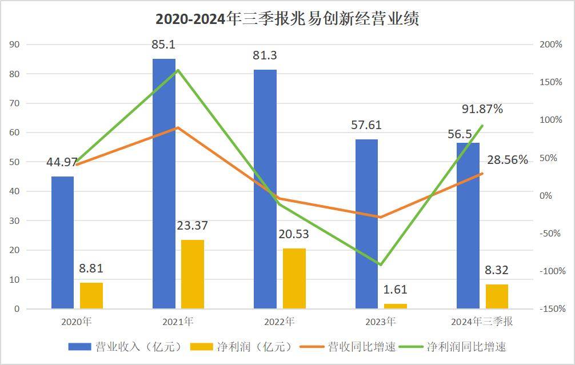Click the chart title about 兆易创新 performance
287,19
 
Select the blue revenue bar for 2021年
164,183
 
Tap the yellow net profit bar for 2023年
396,306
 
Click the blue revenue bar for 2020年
62,242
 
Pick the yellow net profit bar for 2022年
294,278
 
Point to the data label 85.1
163,44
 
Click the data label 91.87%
482,109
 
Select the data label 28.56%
508,160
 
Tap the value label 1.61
396,290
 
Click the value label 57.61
366,125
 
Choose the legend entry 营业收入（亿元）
125,347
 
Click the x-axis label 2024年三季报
482,322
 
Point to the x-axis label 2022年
279,322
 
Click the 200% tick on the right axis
551,45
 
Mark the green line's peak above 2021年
178,70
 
